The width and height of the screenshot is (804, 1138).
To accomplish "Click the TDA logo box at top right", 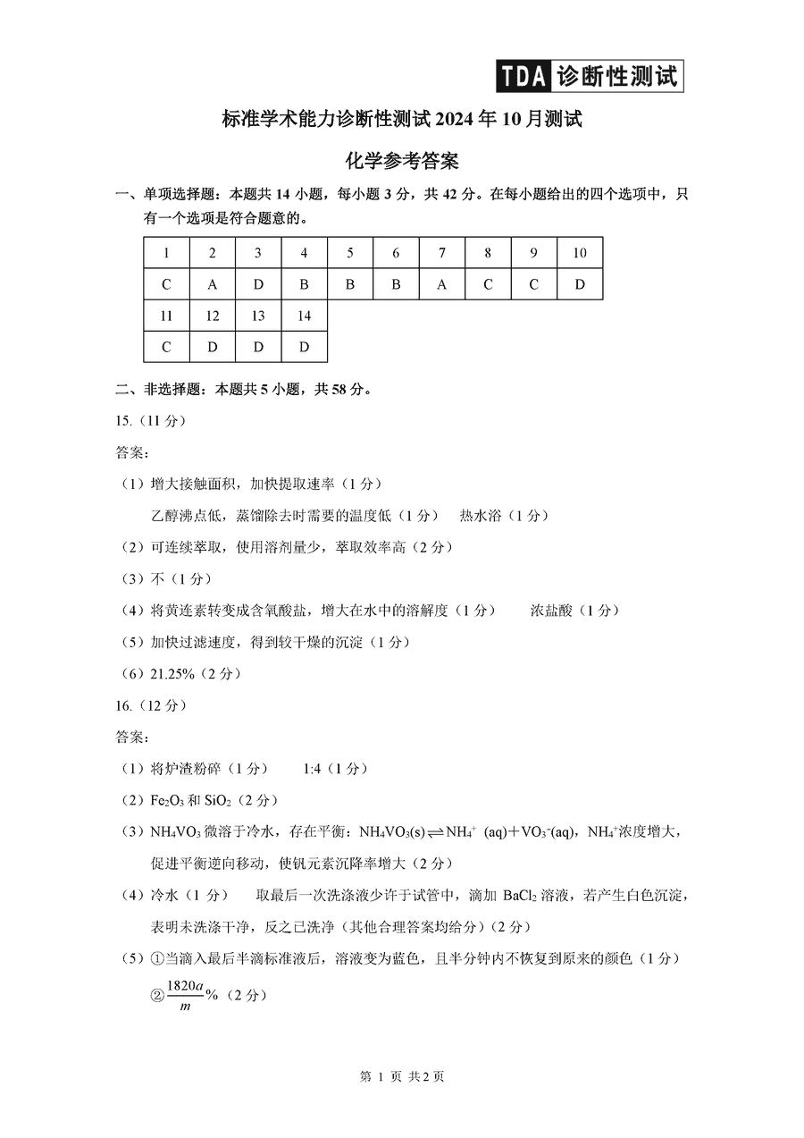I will [590, 75].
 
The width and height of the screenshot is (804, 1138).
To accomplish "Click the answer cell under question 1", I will [166, 285].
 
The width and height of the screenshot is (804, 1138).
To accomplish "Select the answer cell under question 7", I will [442, 285].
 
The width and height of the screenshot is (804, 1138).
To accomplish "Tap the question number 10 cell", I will [580, 253].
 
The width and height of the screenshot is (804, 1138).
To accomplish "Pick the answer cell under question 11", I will [166, 347].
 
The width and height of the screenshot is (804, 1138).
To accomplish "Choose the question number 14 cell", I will [304, 316].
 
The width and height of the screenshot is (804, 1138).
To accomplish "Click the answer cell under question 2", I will [212, 285].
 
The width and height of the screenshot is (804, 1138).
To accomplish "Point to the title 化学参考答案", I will [401, 161].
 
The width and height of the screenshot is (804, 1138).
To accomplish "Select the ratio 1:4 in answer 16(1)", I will [312, 768].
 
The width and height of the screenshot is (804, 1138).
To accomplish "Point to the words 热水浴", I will [482, 515].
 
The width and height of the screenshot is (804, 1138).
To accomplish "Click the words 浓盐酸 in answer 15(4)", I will [551, 610].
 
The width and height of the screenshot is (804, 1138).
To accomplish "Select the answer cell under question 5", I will [350, 285].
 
